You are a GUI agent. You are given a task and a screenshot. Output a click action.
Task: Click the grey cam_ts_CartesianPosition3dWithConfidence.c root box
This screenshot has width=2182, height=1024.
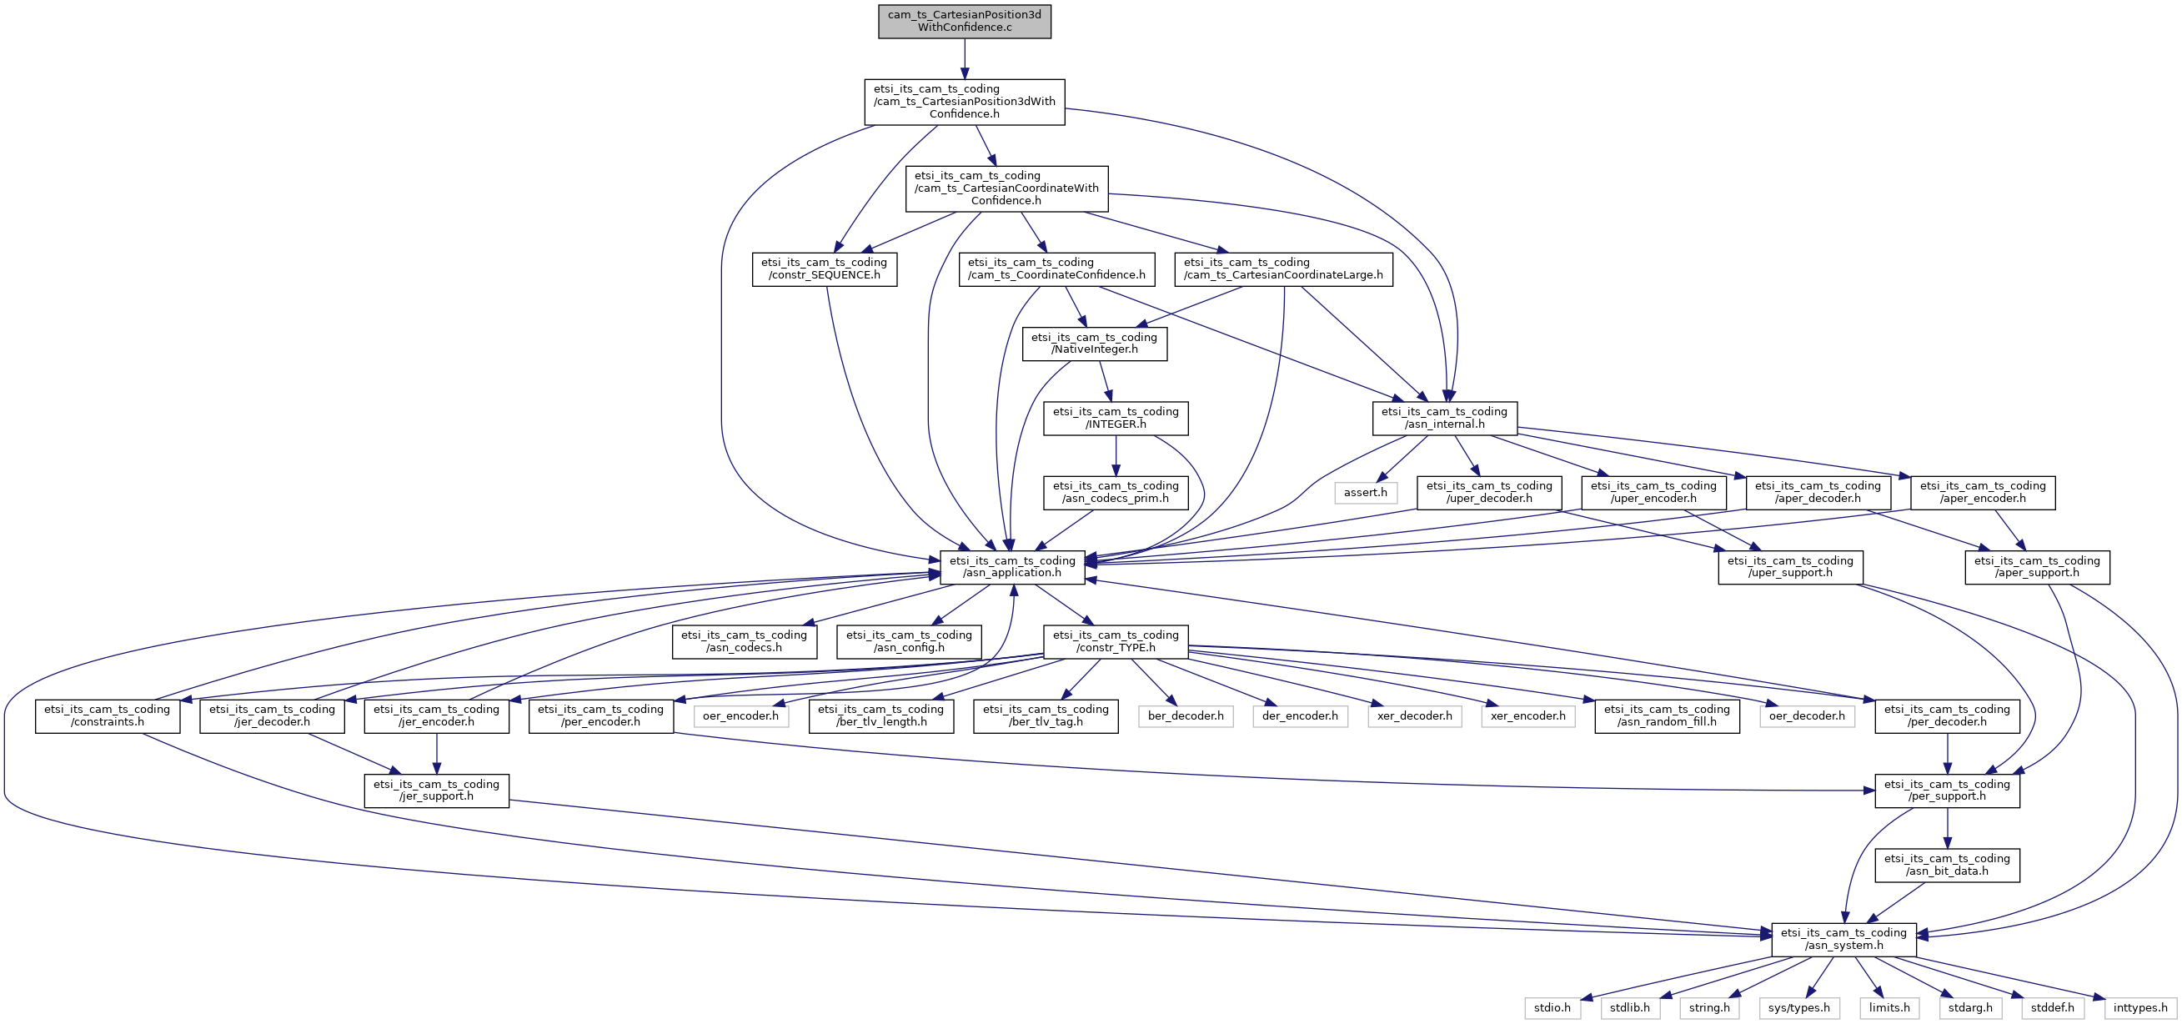pyautogui.click(x=964, y=21)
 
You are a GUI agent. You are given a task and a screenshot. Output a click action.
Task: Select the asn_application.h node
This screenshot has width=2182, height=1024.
pyautogui.click(x=1012, y=567)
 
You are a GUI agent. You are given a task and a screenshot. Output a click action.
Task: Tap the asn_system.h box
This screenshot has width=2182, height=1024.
pyautogui.click(x=1843, y=939)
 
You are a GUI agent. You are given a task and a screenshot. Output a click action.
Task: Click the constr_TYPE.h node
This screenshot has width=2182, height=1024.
pyautogui.click(x=1116, y=641)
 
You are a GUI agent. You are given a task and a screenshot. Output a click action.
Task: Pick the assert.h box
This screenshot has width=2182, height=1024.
pyautogui.click(x=1365, y=492)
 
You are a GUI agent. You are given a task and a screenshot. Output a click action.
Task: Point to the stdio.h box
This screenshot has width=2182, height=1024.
pyautogui.click(x=1552, y=1007)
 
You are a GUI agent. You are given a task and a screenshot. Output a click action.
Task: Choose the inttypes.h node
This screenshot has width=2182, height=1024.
pyautogui.click(x=2139, y=1007)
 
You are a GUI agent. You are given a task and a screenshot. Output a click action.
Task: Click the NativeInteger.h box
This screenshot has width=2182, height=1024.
pyautogui.click(x=1094, y=343)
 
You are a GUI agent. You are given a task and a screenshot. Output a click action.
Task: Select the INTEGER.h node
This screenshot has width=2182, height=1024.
pyautogui.click(x=1116, y=418)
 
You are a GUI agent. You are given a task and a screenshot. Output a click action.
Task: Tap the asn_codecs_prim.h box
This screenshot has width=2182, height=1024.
pyautogui.click(x=1116, y=492)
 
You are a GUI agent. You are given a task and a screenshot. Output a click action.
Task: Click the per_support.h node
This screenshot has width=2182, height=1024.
pyautogui.click(x=1947, y=791)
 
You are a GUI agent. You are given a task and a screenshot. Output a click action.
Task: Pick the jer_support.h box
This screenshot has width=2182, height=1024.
pyautogui.click(x=436, y=791)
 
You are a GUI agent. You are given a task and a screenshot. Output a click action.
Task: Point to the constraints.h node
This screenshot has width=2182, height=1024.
pyautogui.click(x=107, y=715)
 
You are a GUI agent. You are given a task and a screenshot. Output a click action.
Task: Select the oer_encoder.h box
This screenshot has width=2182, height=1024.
pyautogui.click(x=740, y=715)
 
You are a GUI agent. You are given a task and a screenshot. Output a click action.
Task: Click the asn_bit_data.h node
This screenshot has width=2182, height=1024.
pyautogui.click(x=1947, y=865)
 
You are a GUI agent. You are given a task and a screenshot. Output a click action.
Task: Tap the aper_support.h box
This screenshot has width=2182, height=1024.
pyautogui.click(x=2036, y=567)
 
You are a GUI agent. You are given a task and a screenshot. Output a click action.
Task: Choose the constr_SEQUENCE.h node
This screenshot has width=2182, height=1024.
pyautogui.click(x=824, y=269)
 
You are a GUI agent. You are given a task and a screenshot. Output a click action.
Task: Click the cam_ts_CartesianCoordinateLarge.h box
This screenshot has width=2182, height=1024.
pyautogui.click(x=1282, y=269)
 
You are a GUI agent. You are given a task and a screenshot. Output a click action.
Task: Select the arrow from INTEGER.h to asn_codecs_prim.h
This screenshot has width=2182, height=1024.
pyautogui.click(x=1116, y=455)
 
